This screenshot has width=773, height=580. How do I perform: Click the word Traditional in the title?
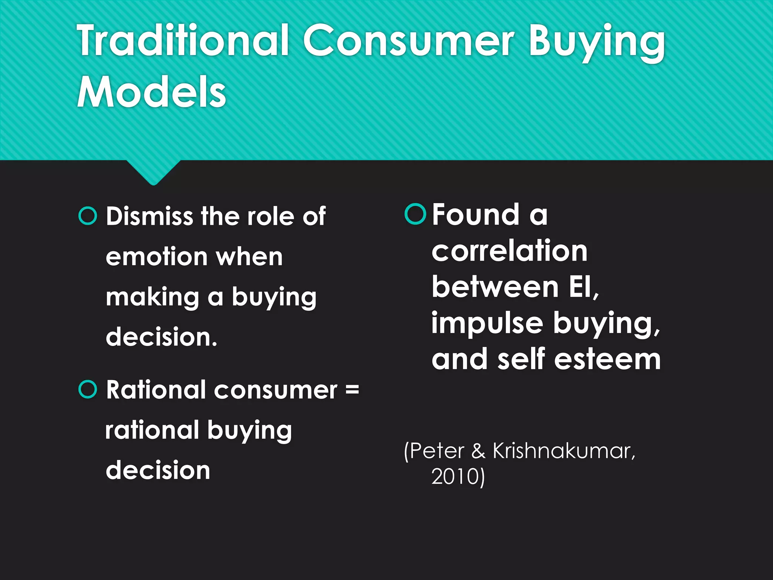click(x=183, y=40)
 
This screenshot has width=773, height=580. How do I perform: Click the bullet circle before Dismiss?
click(x=88, y=216)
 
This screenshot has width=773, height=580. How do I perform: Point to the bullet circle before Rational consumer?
click(x=88, y=389)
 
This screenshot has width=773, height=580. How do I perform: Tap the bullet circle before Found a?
click(x=415, y=214)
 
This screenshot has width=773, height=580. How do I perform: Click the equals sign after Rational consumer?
click(x=352, y=390)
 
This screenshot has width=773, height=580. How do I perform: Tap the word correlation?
click(x=510, y=251)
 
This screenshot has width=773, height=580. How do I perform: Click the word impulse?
click(x=487, y=324)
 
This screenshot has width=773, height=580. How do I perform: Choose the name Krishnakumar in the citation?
click(x=564, y=451)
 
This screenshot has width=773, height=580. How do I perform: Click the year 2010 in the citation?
click(x=455, y=477)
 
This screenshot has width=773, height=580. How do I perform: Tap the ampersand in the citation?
click(x=478, y=451)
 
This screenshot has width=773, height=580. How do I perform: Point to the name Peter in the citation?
click(x=437, y=451)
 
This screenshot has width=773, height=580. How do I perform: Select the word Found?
click(x=476, y=214)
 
